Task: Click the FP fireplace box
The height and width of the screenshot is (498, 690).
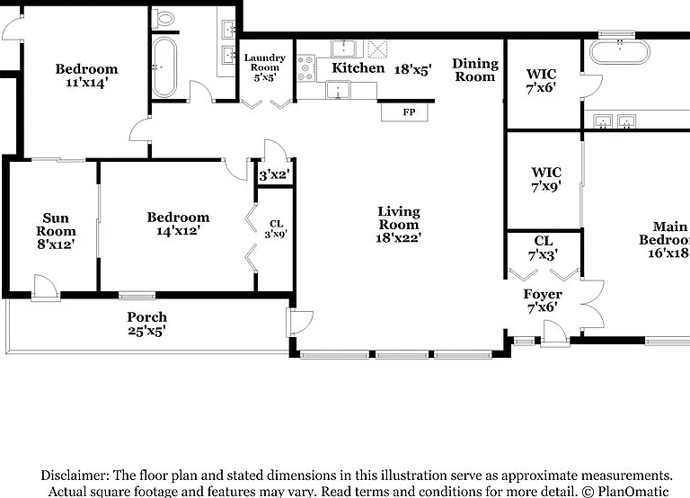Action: (405, 111)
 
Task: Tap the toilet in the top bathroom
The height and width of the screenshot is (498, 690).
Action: (164, 19)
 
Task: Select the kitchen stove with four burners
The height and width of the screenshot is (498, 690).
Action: (305, 68)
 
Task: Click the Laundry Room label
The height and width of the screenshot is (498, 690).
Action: (265, 63)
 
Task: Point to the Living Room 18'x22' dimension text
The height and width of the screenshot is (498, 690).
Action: (399, 238)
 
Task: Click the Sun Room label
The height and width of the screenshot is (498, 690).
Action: (56, 225)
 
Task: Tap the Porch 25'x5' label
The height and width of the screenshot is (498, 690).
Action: (147, 324)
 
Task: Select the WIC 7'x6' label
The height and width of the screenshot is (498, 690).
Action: (541, 81)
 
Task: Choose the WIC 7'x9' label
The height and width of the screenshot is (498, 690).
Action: (546, 179)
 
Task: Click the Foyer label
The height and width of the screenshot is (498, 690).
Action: (543, 294)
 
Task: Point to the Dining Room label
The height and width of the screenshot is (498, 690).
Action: (475, 70)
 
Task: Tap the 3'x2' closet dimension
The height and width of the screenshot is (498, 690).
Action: (274, 175)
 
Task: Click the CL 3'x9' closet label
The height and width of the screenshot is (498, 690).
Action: (276, 229)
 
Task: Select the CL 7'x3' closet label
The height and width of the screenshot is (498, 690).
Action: (543, 248)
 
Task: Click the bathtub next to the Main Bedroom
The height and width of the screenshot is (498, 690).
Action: (619, 52)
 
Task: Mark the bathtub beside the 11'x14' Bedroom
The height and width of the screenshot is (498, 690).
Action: (164, 67)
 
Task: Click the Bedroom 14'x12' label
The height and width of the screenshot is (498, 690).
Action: (178, 224)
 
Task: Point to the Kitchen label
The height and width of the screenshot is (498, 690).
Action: (358, 67)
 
